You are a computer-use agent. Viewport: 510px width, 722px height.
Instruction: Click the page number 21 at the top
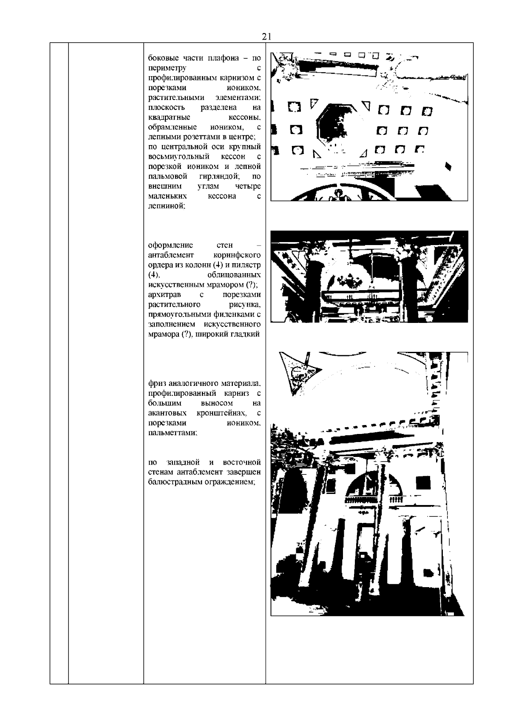[x=267, y=37]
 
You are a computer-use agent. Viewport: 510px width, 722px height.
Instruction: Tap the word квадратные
[x=169, y=117]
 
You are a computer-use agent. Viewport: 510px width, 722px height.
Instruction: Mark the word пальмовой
[x=167, y=176]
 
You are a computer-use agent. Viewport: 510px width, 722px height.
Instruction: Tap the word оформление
[x=170, y=245]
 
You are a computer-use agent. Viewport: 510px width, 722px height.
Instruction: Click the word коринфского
[x=236, y=255]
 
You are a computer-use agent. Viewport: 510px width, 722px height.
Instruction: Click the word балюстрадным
[x=174, y=482]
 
